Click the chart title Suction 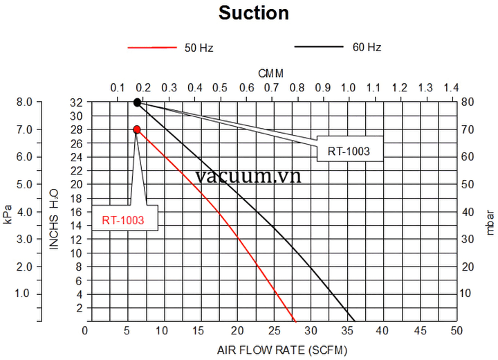click(254, 12)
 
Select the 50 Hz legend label click(199, 48)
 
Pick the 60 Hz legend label click(367, 48)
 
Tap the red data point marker click(137, 129)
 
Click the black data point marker click(137, 102)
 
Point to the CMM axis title click(271, 73)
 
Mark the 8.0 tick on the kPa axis click(24, 102)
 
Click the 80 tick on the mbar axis click(468, 102)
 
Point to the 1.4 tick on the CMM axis click(451, 88)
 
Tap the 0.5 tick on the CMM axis click(220, 88)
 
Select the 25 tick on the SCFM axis click(275, 330)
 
